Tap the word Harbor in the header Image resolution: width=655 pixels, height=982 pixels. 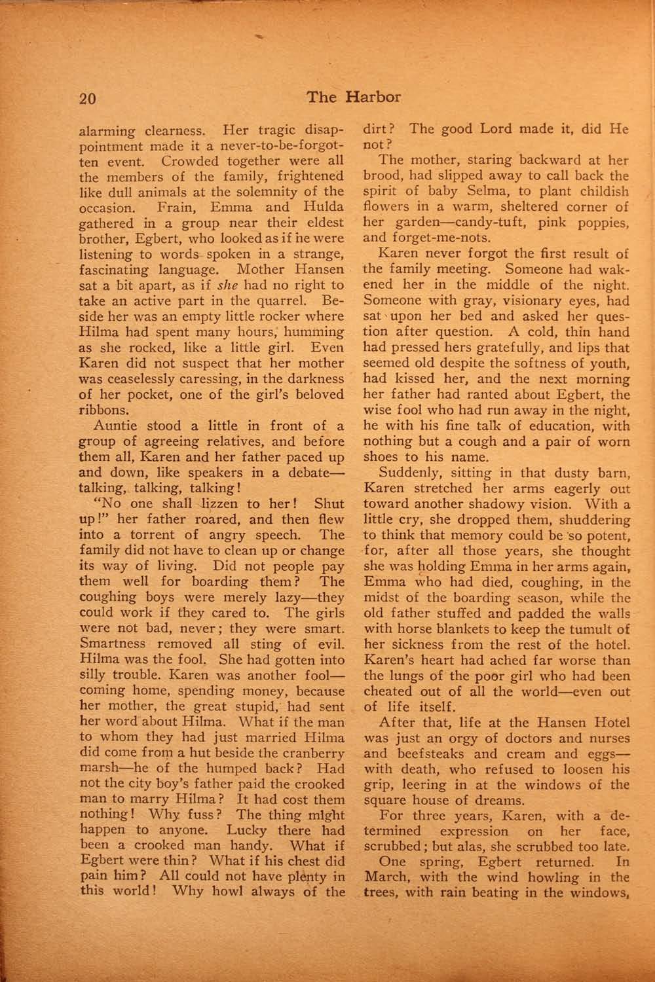[x=371, y=98]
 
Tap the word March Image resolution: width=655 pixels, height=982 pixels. [x=384, y=878]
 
